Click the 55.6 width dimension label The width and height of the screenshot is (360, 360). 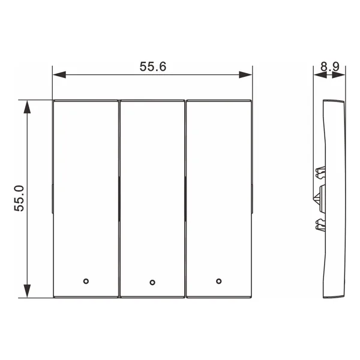tap(152, 67)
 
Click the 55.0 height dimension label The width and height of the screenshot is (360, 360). tap(19, 199)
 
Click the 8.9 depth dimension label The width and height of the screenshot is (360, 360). tap(329, 67)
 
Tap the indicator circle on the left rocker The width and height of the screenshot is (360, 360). tap(86, 281)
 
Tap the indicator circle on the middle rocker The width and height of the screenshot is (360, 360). tap(152, 283)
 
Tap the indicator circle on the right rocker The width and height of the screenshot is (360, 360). tap(219, 281)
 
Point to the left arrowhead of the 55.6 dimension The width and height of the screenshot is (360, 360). tap(59, 74)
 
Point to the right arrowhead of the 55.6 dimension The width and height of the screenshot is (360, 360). tap(245, 74)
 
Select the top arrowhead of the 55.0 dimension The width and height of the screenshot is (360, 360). tap(27, 107)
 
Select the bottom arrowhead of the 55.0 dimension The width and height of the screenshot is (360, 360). tap(27, 291)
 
